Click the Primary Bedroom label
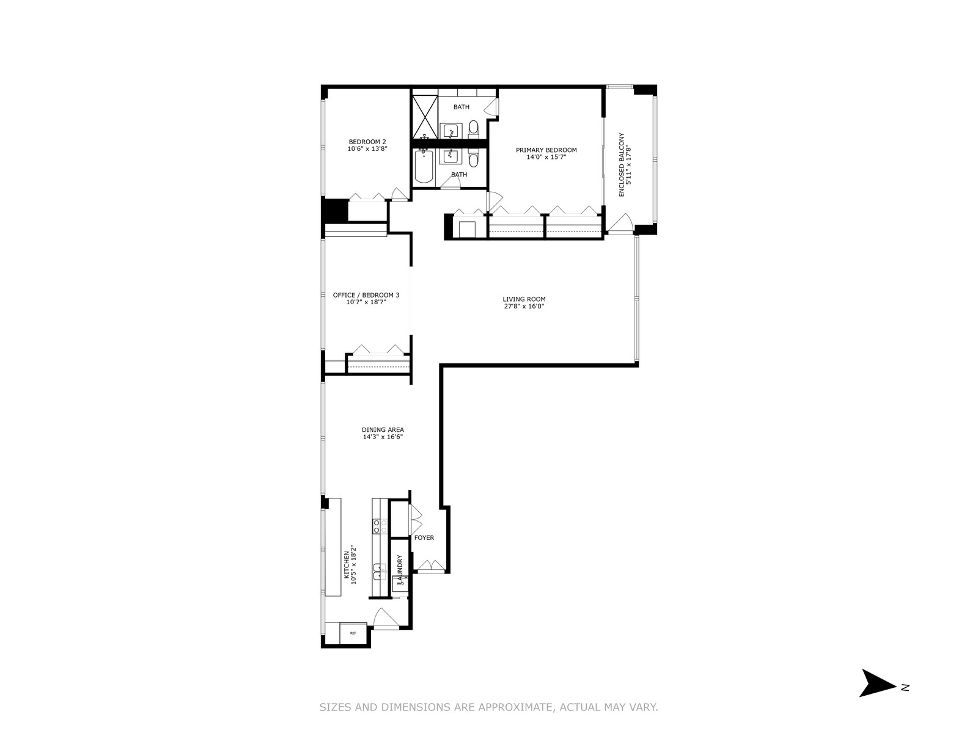point(546,150)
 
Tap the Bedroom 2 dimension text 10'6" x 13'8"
point(367,149)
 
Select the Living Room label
point(524,299)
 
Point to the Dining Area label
point(383,429)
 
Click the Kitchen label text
point(346,568)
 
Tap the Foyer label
point(424,538)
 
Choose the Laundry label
point(400,568)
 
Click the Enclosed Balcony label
point(622,165)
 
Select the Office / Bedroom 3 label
point(366,294)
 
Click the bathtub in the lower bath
point(424,167)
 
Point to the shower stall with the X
point(425,117)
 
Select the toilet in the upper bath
point(473,128)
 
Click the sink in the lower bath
point(451,156)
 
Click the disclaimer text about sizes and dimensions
point(489,707)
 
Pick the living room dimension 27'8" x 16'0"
point(524,306)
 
